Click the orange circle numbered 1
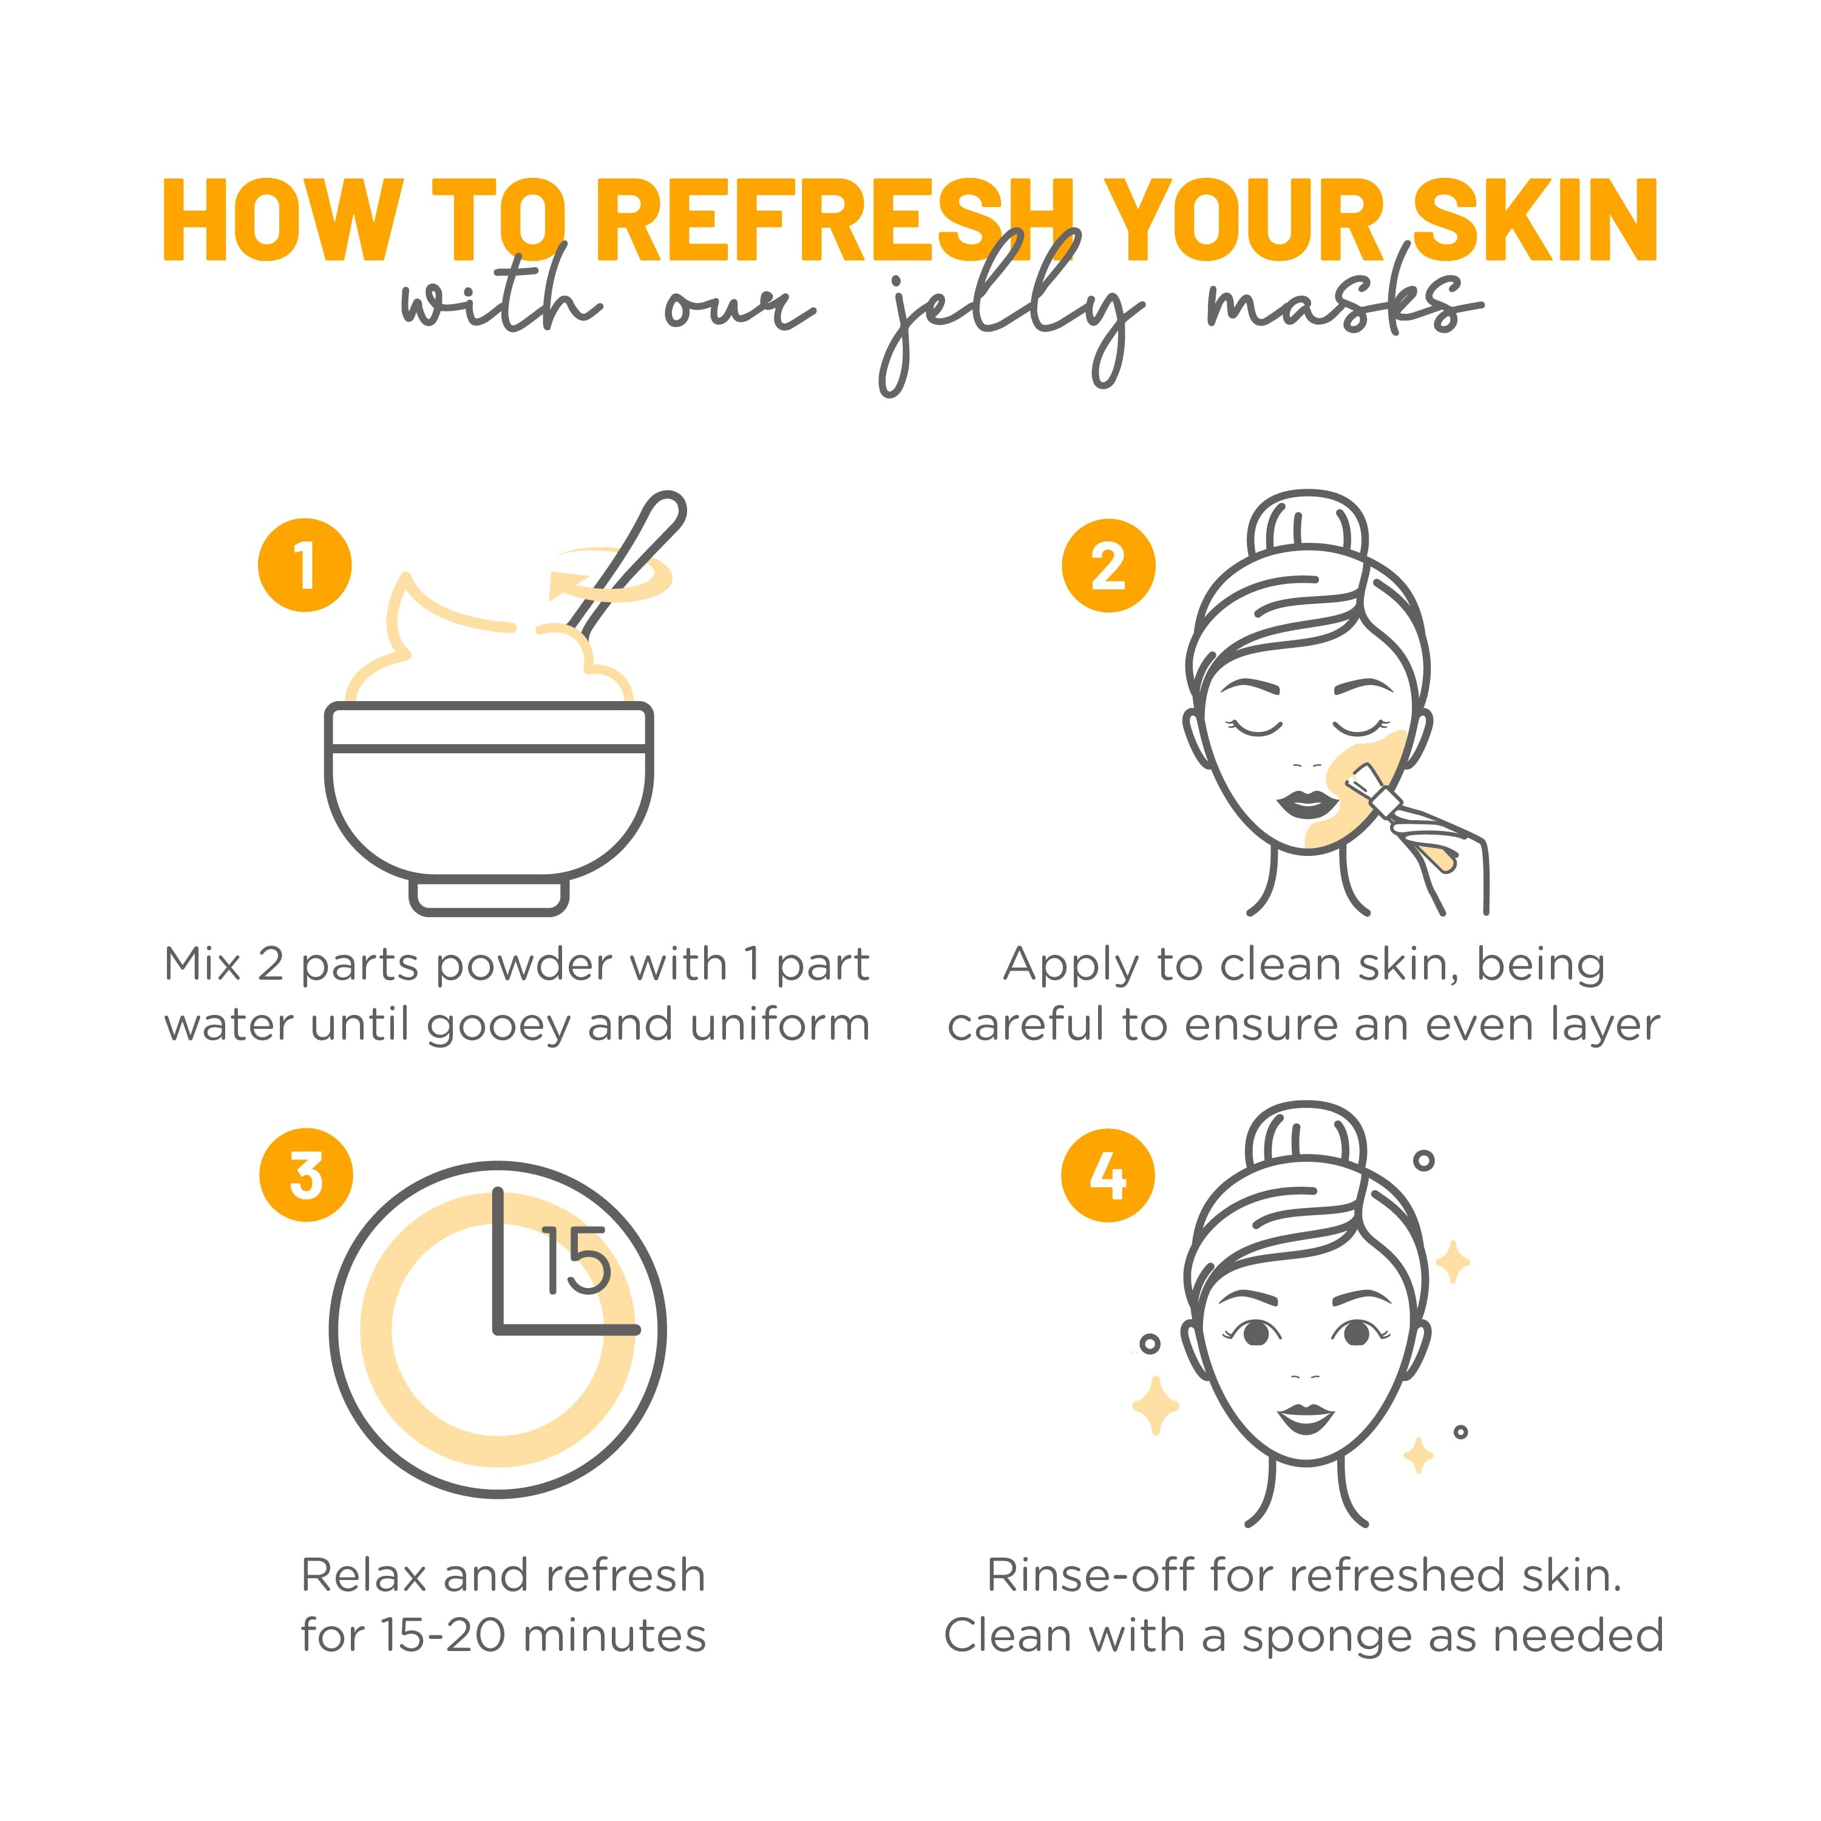click(305, 566)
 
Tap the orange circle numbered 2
click(1108, 566)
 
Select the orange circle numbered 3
click(307, 1175)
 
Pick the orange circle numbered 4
click(1108, 1175)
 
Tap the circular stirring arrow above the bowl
click(612, 575)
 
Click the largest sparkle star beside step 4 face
click(1156, 1405)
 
